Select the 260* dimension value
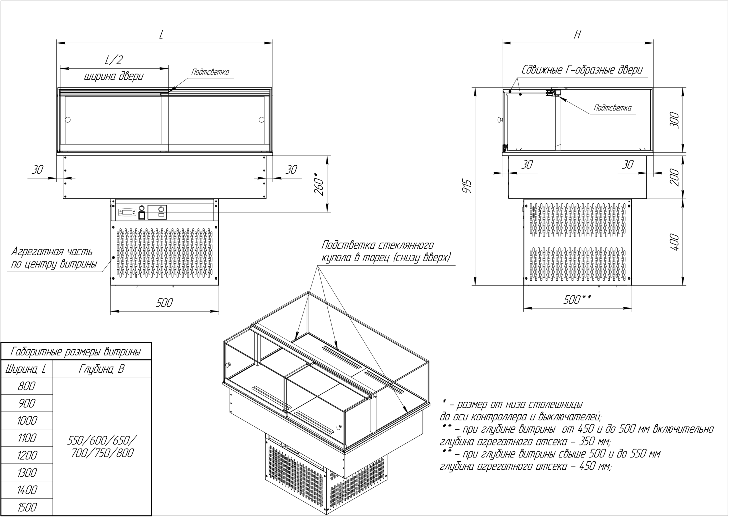click(x=320, y=184)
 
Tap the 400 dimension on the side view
click(x=675, y=242)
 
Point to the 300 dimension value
click(x=675, y=120)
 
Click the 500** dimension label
click(x=577, y=300)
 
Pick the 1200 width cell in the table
click(x=27, y=455)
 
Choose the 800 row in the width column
click(x=27, y=386)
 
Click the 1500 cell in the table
click(x=27, y=507)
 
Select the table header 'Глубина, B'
click(x=101, y=369)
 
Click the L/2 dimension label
click(x=114, y=60)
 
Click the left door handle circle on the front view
click(x=68, y=120)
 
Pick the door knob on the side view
click(x=500, y=120)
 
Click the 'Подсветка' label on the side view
click(x=612, y=108)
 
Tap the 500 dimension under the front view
click(x=164, y=303)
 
